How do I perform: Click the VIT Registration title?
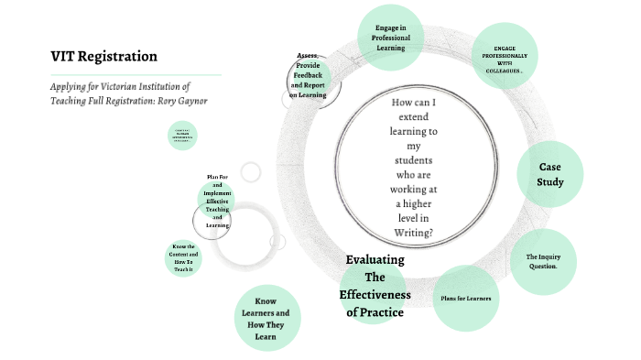pyautogui.click(x=103, y=57)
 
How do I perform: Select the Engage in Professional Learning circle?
pyautogui.click(x=391, y=37)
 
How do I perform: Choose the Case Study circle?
pyautogui.click(x=549, y=174)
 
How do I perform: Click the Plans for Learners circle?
pyautogui.click(x=465, y=298)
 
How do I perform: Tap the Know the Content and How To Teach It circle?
pyautogui.click(x=183, y=258)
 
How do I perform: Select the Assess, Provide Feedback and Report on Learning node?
pyautogui.click(x=308, y=75)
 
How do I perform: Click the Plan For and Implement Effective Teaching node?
pyautogui.click(x=217, y=201)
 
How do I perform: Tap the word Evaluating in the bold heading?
pyautogui.click(x=375, y=259)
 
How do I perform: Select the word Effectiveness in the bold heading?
pyautogui.click(x=375, y=295)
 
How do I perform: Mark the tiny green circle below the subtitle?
pyautogui.click(x=182, y=136)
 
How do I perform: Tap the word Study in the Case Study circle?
pyautogui.click(x=549, y=181)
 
